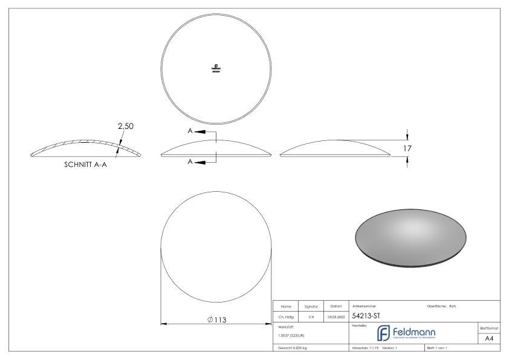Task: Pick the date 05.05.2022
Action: [336, 316]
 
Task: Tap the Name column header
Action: [288, 306]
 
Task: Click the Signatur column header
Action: [313, 306]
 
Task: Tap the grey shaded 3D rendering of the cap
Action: [411, 237]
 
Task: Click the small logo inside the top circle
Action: [215, 68]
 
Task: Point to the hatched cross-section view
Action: [87, 149]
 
